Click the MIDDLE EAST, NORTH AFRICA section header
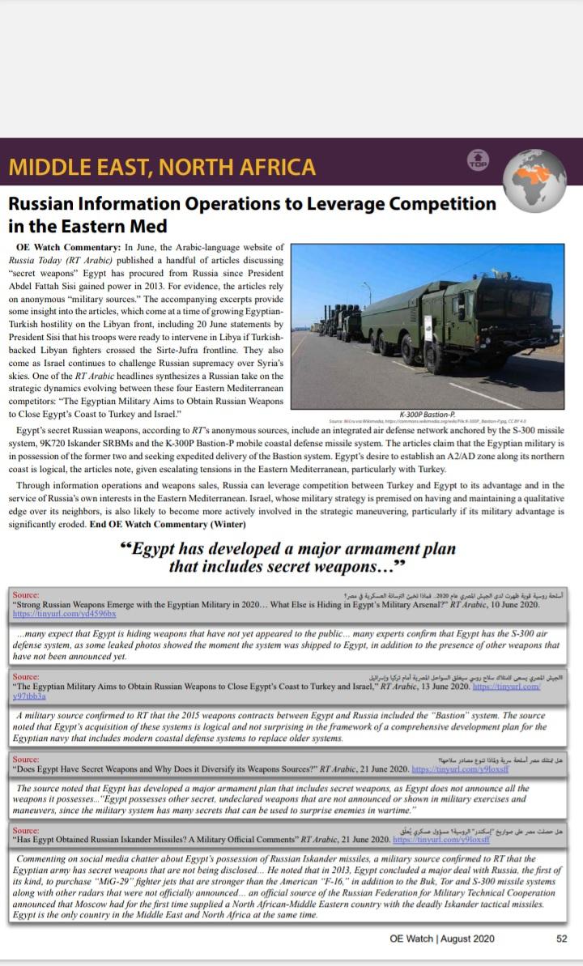(162, 167)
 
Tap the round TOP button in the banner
(479, 160)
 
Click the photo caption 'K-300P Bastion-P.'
(427, 413)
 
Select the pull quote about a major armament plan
(287, 557)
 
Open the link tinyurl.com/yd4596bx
(65, 615)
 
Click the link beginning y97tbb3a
(29, 696)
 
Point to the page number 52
(561, 938)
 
